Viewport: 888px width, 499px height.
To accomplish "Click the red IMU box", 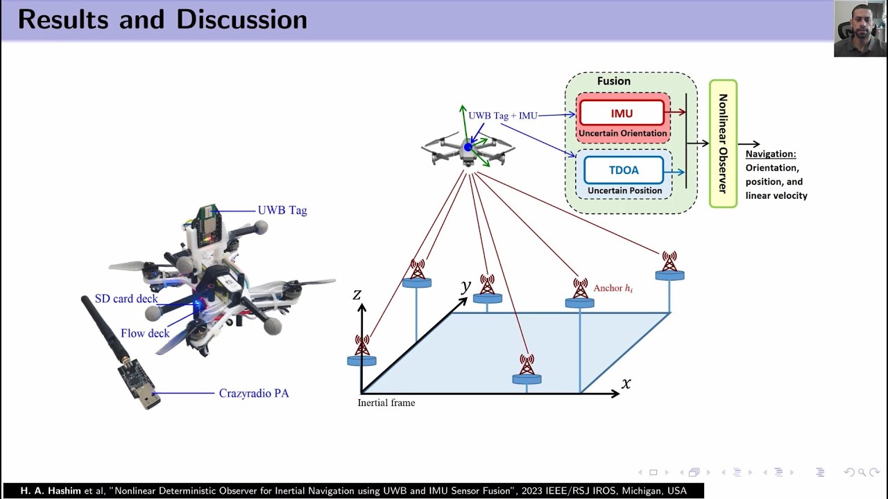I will tap(622, 113).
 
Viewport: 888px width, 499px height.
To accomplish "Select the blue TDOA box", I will tap(624, 170).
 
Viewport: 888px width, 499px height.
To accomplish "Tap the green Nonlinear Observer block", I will tap(723, 143).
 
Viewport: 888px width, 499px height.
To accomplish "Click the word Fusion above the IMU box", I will tap(613, 81).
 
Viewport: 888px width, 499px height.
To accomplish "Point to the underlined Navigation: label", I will tap(771, 154).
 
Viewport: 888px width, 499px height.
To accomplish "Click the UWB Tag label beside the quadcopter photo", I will tap(282, 210).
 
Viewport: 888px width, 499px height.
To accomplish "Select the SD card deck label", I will tap(126, 299).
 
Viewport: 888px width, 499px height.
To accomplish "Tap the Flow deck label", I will tap(145, 333).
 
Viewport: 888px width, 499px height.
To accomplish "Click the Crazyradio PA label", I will tap(254, 393).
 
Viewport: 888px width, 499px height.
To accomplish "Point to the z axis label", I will tap(357, 295).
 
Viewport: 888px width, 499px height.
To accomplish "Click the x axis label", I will tap(626, 383).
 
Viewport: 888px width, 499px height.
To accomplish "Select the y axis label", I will tap(466, 286).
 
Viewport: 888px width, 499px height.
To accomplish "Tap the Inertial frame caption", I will tap(386, 403).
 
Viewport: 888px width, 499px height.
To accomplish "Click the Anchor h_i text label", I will tap(613, 288).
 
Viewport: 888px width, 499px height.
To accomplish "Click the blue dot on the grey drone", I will tap(468, 147).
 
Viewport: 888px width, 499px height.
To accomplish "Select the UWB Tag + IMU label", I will tap(503, 116).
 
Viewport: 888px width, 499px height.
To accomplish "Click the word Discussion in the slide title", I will tap(241, 19).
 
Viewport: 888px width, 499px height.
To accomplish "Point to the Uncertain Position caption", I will tap(624, 191).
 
